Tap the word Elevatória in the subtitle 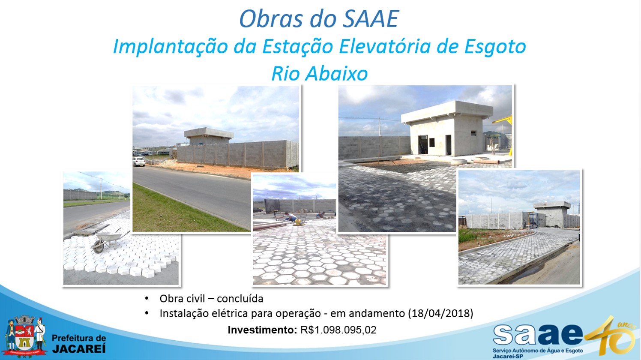pos(385,46)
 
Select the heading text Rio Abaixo pos(319,74)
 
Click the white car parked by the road pos(139,162)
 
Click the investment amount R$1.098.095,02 pos(338,330)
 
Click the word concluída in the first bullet pos(240,298)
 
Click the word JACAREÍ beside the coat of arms pos(79,349)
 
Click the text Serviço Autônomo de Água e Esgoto pos(538,351)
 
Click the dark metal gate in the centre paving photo pos(272,206)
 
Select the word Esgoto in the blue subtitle pos(495,47)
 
